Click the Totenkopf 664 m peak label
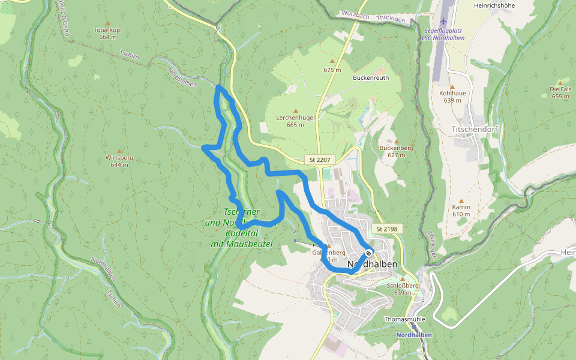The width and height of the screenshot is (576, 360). point(107,33)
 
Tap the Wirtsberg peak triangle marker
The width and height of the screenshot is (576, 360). point(119,151)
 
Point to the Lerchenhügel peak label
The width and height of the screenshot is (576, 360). point(295,118)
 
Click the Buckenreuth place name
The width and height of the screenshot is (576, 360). point(371,78)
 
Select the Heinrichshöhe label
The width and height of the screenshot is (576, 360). point(494,5)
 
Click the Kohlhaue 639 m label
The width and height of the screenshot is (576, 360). point(453,97)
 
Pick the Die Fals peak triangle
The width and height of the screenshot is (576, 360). point(560,83)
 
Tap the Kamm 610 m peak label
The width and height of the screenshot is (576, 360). point(461,210)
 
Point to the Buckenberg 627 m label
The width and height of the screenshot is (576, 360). point(396,151)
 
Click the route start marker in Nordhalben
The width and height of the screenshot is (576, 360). point(368,253)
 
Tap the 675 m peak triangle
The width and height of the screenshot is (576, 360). point(332,61)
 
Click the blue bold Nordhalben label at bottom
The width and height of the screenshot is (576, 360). point(413,335)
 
